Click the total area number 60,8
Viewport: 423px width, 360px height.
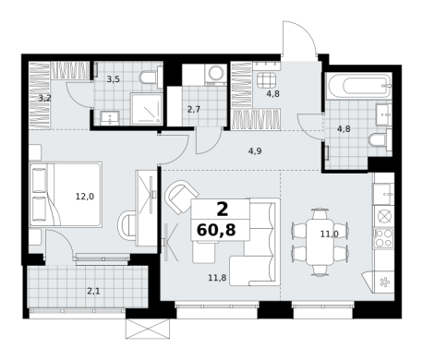[x=216, y=230]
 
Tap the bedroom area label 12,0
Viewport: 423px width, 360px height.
[x=85, y=197]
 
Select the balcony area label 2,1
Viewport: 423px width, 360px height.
[x=93, y=291]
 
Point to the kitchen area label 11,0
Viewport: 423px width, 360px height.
[x=330, y=234]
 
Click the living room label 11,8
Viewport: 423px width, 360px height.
[x=217, y=278]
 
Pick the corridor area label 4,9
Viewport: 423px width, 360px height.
[x=255, y=150]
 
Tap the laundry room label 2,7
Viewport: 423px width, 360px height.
[x=194, y=109]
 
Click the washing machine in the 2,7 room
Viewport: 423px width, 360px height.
[x=216, y=75]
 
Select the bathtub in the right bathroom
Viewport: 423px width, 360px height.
[x=359, y=86]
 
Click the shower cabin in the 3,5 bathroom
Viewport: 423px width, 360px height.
[x=146, y=109]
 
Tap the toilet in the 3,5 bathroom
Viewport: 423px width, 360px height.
[x=151, y=77]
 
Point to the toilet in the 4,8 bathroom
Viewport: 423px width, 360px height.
[x=380, y=140]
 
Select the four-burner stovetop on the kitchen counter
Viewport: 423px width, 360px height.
[x=384, y=238]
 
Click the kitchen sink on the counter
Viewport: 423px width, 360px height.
[x=383, y=194]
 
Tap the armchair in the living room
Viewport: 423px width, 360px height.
[x=182, y=197]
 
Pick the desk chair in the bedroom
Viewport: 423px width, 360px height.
[x=127, y=228]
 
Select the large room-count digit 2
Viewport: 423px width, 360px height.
[x=223, y=210]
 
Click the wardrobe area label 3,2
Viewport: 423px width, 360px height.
[x=45, y=99]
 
